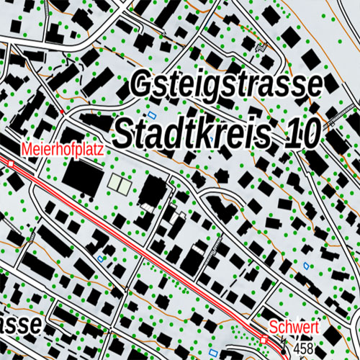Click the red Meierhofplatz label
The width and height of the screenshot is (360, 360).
pyautogui.click(x=63, y=149)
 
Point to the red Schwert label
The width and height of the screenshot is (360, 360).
pyautogui.click(x=294, y=328)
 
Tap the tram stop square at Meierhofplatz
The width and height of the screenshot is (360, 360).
pyautogui.click(x=11, y=164)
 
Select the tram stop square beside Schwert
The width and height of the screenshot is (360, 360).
pyautogui.click(x=264, y=338)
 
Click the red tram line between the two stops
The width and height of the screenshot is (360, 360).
pyautogui.click(x=144, y=252)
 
